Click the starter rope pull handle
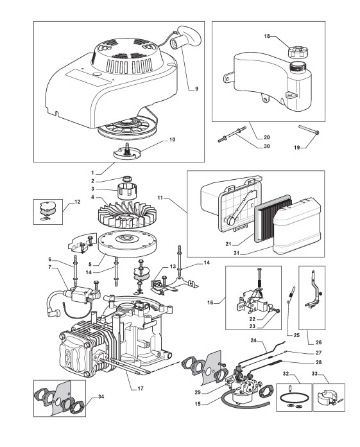(185, 37)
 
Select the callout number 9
(196, 89)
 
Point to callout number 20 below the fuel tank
(267, 137)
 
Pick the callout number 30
(267, 146)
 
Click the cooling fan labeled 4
(127, 216)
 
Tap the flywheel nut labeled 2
(127, 179)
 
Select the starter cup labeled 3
(126, 191)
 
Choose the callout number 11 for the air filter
(160, 197)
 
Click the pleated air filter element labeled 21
(273, 220)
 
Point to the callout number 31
(237, 253)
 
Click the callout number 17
(141, 389)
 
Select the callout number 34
(101, 396)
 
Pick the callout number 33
(314, 374)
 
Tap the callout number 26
(319, 342)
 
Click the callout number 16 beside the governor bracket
(210, 302)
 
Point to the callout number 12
(78, 202)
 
